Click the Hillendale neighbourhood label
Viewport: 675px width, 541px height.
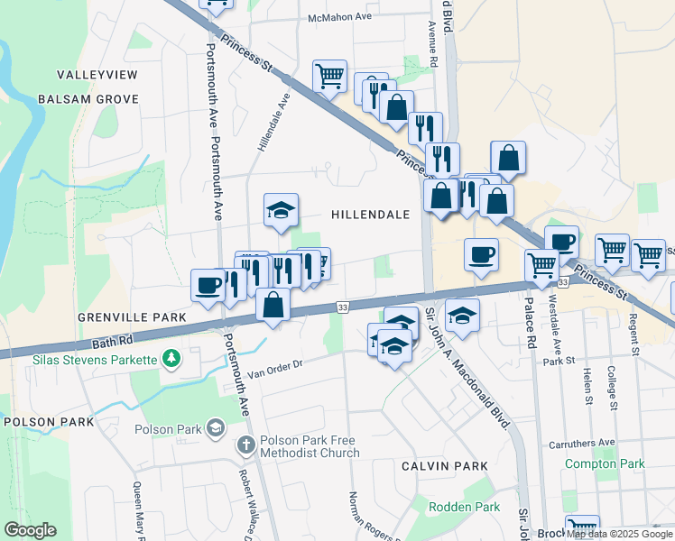coord(370,215)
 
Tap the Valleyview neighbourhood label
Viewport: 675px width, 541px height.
coord(97,74)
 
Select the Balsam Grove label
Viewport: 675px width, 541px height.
coord(88,99)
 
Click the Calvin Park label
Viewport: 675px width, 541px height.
coord(446,466)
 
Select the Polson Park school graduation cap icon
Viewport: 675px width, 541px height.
coord(215,426)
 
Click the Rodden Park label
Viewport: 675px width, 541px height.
coord(464,508)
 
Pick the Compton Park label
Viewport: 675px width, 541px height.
coord(605,463)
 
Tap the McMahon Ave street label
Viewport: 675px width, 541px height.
coord(340,17)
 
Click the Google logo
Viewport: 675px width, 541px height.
coord(30,529)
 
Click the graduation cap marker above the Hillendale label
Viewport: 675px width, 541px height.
coord(281,212)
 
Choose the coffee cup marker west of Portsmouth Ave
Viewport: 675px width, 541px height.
coord(208,285)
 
